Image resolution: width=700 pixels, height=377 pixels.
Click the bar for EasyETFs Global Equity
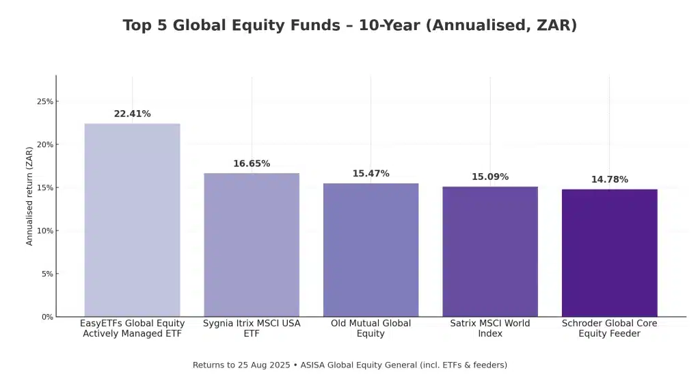(132, 220)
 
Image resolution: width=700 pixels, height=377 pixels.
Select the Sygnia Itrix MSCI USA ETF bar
(252, 244)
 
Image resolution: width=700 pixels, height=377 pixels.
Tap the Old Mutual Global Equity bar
(371, 250)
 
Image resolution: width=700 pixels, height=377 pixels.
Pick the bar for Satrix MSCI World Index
(490, 251)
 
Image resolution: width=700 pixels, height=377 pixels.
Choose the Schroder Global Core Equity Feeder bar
(609, 252)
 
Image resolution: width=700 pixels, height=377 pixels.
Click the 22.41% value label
(132, 114)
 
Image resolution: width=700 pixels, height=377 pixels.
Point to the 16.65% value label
(252, 164)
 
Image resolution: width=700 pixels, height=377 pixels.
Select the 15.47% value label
(371, 174)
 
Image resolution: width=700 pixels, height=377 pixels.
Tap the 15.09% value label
(490, 177)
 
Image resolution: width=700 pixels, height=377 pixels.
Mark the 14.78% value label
(609, 180)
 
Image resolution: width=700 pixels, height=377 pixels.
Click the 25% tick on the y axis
(45, 102)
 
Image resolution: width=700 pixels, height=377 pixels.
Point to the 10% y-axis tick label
(45, 231)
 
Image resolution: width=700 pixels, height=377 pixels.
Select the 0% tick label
(47, 317)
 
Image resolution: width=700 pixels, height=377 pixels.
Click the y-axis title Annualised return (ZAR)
(29, 196)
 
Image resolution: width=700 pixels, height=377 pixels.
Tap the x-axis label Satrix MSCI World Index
(490, 328)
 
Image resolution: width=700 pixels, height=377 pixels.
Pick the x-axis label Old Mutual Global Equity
(371, 328)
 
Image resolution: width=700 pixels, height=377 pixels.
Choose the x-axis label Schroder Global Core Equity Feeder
(609, 328)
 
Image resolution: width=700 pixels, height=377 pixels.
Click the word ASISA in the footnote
(314, 365)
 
